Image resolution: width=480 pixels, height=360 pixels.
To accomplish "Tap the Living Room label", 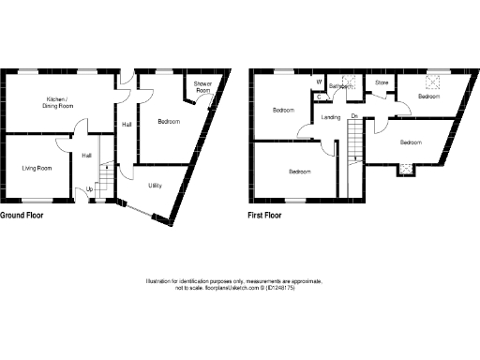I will click(x=37, y=168).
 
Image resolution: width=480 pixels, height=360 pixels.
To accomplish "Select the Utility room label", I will click(x=155, y=186).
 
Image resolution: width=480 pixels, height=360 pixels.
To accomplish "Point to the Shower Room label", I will click(x=202, y=87).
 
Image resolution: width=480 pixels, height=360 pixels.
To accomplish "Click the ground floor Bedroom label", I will click(x=169, y=122).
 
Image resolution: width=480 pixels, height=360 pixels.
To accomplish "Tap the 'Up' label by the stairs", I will click(x=90, y=189).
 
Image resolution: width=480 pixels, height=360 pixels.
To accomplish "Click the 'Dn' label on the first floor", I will click(x=354, y=116).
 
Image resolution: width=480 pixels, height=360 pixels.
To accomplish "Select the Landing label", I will click(x=330, y=117).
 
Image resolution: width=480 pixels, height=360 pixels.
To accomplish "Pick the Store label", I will click(x=382, y=83).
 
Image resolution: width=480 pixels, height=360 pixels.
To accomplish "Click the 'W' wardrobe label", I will click(x=320, y=81).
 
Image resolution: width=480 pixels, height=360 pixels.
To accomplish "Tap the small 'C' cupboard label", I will click(x=320, y=96).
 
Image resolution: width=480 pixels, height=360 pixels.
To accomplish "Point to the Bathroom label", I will click(x=340, y=86).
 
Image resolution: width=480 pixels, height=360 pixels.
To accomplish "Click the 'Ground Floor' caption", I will click(x=22, y=215).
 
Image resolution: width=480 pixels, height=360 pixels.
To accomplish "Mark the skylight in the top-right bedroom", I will click(x=433, y=82).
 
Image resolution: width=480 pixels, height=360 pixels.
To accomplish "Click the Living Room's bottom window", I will click(x=37, y=201).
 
